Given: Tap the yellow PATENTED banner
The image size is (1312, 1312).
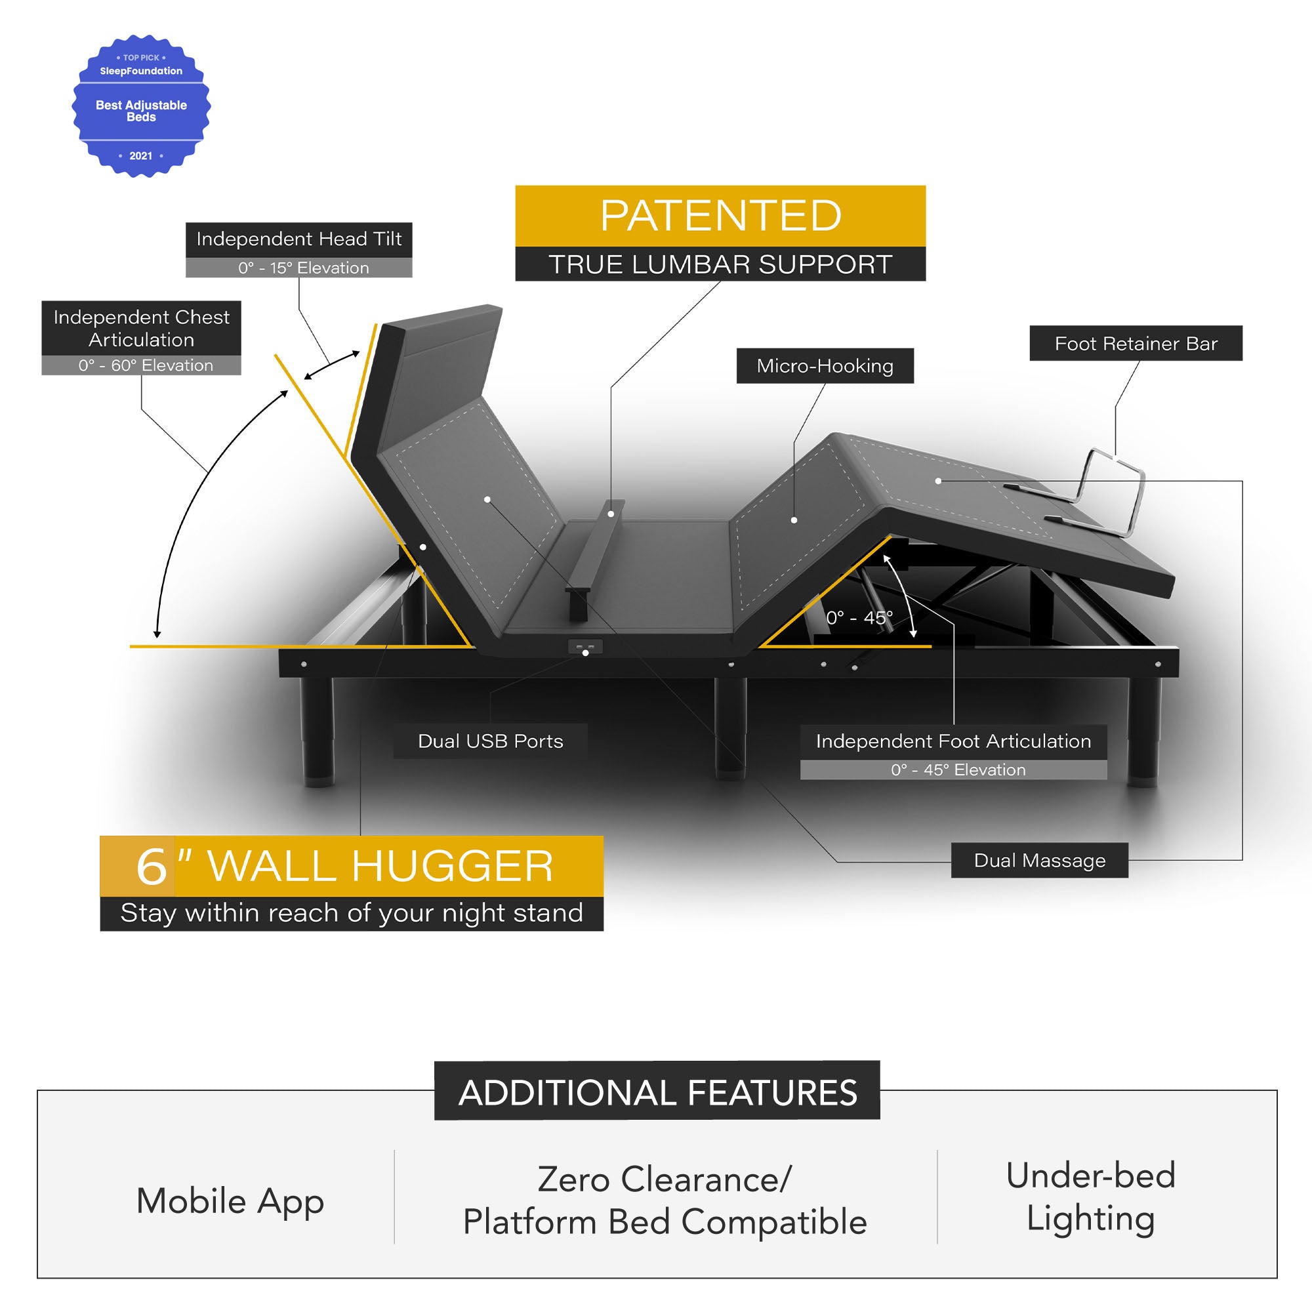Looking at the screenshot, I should pos(720,215).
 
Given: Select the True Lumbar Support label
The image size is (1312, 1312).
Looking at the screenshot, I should pos(720,264).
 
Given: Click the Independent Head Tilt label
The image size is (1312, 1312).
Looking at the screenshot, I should pos(298,239).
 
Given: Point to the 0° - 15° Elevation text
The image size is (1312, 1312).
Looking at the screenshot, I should pos(303,268).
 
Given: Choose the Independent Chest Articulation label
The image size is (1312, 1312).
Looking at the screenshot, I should pos(141,328).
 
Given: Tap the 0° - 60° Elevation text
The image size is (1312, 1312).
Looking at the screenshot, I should pos(146,365).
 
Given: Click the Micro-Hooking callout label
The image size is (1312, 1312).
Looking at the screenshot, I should pos(825,366).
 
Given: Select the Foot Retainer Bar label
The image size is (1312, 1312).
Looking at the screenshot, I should pos(1136,344).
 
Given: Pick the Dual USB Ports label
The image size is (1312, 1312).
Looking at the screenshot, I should pos(490,741).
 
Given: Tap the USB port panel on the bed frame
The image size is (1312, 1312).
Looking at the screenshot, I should pos(585,647).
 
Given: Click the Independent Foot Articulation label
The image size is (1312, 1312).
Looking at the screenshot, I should pos(953,741).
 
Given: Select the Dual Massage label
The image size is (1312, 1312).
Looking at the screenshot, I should pos(1039,861).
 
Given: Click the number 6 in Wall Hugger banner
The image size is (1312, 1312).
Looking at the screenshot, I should pos(151,867).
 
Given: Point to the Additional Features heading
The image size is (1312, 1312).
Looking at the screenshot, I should pos(657,1093).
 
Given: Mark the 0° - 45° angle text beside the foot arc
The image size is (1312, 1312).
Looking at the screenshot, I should pos(859,618).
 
